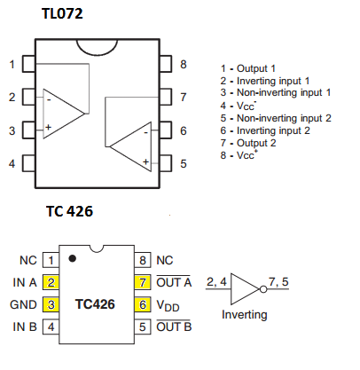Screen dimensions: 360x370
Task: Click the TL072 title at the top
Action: point(62,13)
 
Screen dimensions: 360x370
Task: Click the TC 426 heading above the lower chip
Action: point(69,211)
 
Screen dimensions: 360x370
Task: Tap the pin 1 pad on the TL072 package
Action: point(29,64)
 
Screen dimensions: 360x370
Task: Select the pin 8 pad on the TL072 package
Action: point(166,64)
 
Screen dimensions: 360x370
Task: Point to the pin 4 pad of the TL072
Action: point(29,163)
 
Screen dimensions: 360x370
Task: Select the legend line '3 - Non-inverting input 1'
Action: point(276,92)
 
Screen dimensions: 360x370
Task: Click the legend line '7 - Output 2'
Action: point(248,143)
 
